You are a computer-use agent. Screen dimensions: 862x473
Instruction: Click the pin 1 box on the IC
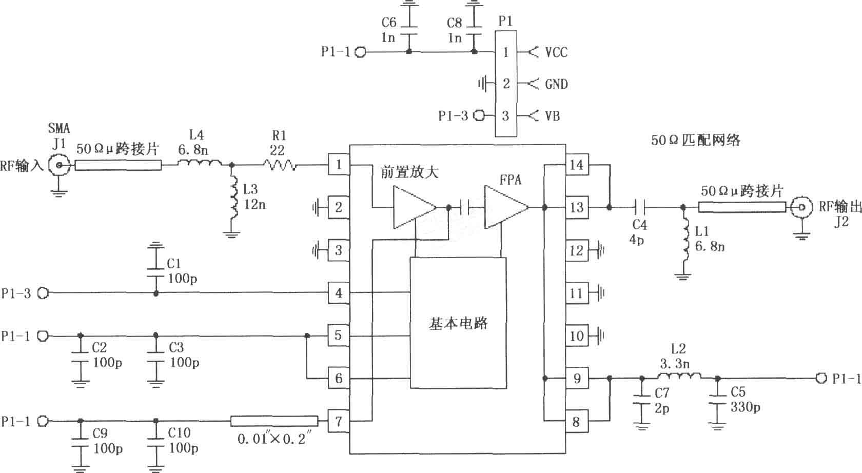point(339,165)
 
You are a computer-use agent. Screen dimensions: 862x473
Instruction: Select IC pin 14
point(577,165)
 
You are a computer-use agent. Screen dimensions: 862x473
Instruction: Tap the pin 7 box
point(339,421)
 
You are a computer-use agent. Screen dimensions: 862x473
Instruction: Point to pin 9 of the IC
point(577,379)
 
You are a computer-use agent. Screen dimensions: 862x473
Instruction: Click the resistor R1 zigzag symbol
point(280,165)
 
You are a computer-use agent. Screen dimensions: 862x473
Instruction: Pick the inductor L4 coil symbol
point(199,163)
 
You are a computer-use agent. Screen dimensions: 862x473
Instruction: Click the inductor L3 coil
point(233,198)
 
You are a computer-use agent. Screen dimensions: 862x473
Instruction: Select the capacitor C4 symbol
point(639,207)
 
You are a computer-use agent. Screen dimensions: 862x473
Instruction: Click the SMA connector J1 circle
point(59,166)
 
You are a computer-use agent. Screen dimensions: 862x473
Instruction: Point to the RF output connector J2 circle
point(801,208)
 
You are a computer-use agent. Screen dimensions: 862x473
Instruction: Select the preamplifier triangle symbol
point(415,207)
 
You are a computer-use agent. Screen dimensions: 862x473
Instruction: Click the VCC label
point(556,52)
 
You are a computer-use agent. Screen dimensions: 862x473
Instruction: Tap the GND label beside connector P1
point(556,84)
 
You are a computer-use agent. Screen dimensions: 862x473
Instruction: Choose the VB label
point(553,116)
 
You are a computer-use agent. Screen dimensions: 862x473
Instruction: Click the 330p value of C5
point(746,407)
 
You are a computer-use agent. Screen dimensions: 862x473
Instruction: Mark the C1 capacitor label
point(174,264)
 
